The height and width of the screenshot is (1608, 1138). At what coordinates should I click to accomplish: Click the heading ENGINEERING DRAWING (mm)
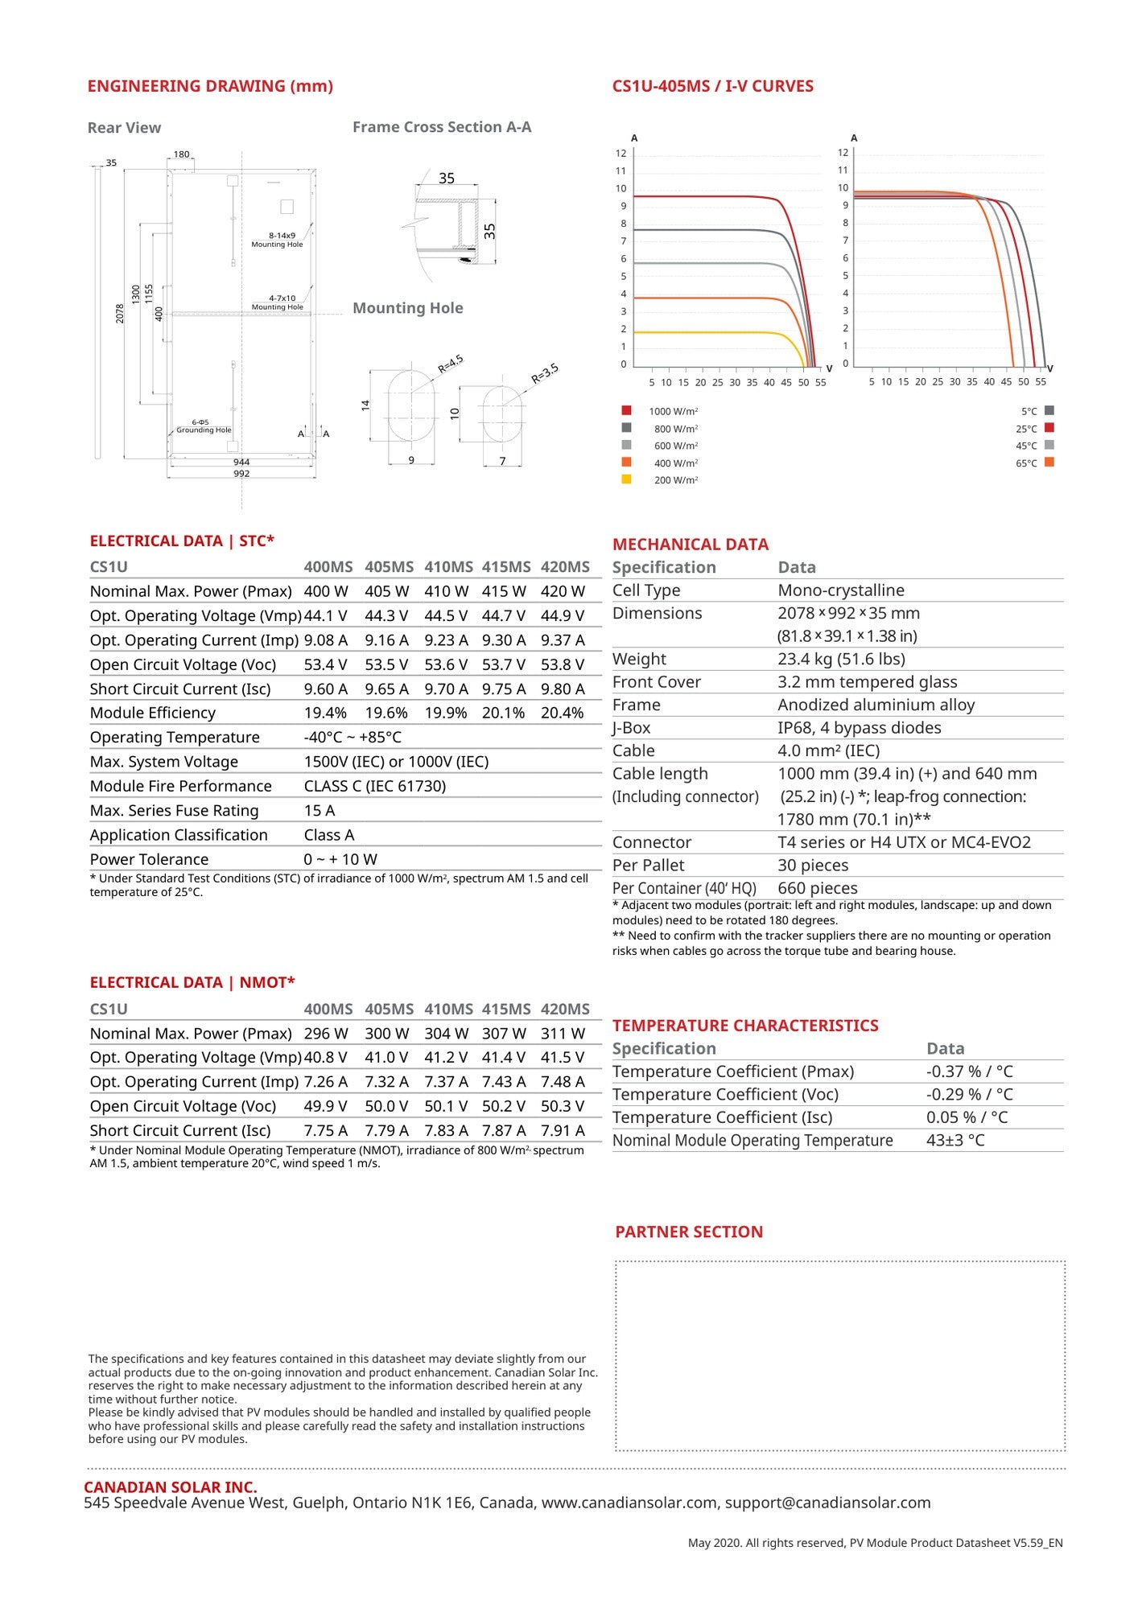tap(210, 86)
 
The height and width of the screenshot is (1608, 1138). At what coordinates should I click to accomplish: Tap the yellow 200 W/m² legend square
tap(626, 479)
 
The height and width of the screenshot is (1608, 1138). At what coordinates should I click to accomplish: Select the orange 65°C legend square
tap(1049, 463)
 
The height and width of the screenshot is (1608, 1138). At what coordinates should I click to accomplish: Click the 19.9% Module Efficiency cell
tap(445, 714)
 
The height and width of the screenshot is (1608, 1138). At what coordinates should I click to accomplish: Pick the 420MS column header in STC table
tap(565, 567)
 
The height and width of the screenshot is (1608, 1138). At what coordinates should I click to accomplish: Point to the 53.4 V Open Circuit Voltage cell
tap(325, 665)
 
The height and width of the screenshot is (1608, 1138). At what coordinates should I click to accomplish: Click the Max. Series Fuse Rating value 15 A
tap(320, 811)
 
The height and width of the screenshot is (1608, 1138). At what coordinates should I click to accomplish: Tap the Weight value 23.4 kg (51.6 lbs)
tap(841, 660)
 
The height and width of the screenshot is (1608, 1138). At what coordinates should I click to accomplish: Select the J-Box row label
tap(632, 728)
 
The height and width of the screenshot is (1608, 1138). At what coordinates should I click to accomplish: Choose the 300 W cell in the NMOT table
tap(386, 1034)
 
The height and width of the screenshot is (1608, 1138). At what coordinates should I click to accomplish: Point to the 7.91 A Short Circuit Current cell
tap(563, 1131)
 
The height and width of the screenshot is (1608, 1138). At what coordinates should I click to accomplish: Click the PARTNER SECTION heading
tap(689, 1232)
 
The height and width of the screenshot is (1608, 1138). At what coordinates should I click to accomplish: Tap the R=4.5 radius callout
tap(451, 364)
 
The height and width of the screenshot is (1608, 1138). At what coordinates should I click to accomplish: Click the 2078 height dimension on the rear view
tap(120, 313)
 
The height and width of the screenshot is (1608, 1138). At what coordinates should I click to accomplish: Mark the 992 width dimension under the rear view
tap(241, 474)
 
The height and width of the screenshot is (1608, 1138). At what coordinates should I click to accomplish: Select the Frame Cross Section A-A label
tap(442, 127)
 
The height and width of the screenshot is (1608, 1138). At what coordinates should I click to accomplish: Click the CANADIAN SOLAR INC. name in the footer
tap(171, 1487)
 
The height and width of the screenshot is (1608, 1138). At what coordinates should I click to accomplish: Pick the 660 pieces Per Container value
tap(818, 889)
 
